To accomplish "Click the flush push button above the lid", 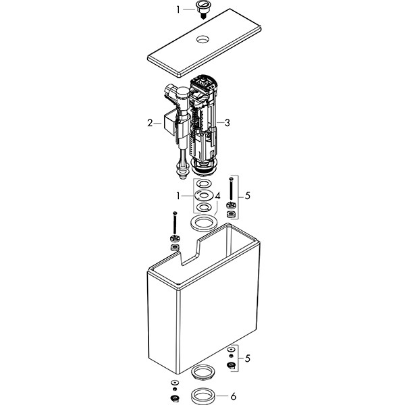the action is pos(203,7).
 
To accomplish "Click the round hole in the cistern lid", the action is pos(204,40).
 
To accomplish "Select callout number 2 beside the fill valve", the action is pos(150,124).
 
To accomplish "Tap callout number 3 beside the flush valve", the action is pos(227,123).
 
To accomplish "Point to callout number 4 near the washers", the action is pos(217,196).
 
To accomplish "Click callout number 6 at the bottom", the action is pos(234,396).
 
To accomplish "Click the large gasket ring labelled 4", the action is pos(204,223).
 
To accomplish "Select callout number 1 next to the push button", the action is pos(178,9).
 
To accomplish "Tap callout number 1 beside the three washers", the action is pos(178,196).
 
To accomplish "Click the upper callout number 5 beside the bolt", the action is pos(248,196).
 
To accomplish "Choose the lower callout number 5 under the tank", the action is pos(248,358).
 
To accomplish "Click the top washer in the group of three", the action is pos(204,184).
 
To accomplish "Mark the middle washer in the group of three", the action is pos(204,195).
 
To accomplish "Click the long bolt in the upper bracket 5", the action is pos(231,190).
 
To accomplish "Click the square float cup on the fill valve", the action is pos(171,122).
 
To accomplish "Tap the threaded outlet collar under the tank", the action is pos(202,372).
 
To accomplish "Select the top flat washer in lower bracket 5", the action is pos(231,350).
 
